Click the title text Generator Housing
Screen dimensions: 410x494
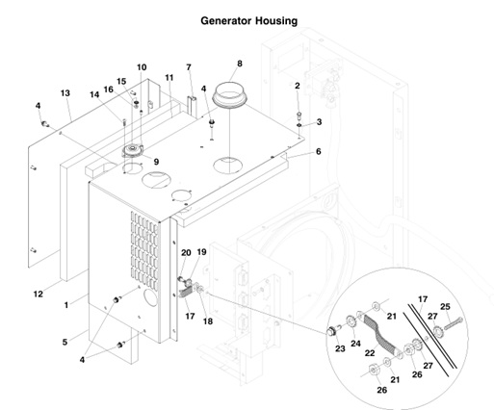pos(248,20)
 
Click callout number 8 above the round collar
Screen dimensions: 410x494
pos(240,64)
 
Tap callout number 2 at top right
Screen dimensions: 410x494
pos(299,87)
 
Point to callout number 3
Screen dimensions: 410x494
pos(319,121)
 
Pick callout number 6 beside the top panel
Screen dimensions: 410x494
pos(318,152)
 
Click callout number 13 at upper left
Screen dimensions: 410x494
pos(65,93)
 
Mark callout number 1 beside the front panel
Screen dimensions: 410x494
pos(65,304)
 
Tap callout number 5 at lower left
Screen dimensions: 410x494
pos(65,342)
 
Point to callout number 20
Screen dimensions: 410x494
pos(185,253)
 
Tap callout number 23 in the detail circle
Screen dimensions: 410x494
pos(338,349)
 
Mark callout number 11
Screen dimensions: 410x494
pos(169,77)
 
